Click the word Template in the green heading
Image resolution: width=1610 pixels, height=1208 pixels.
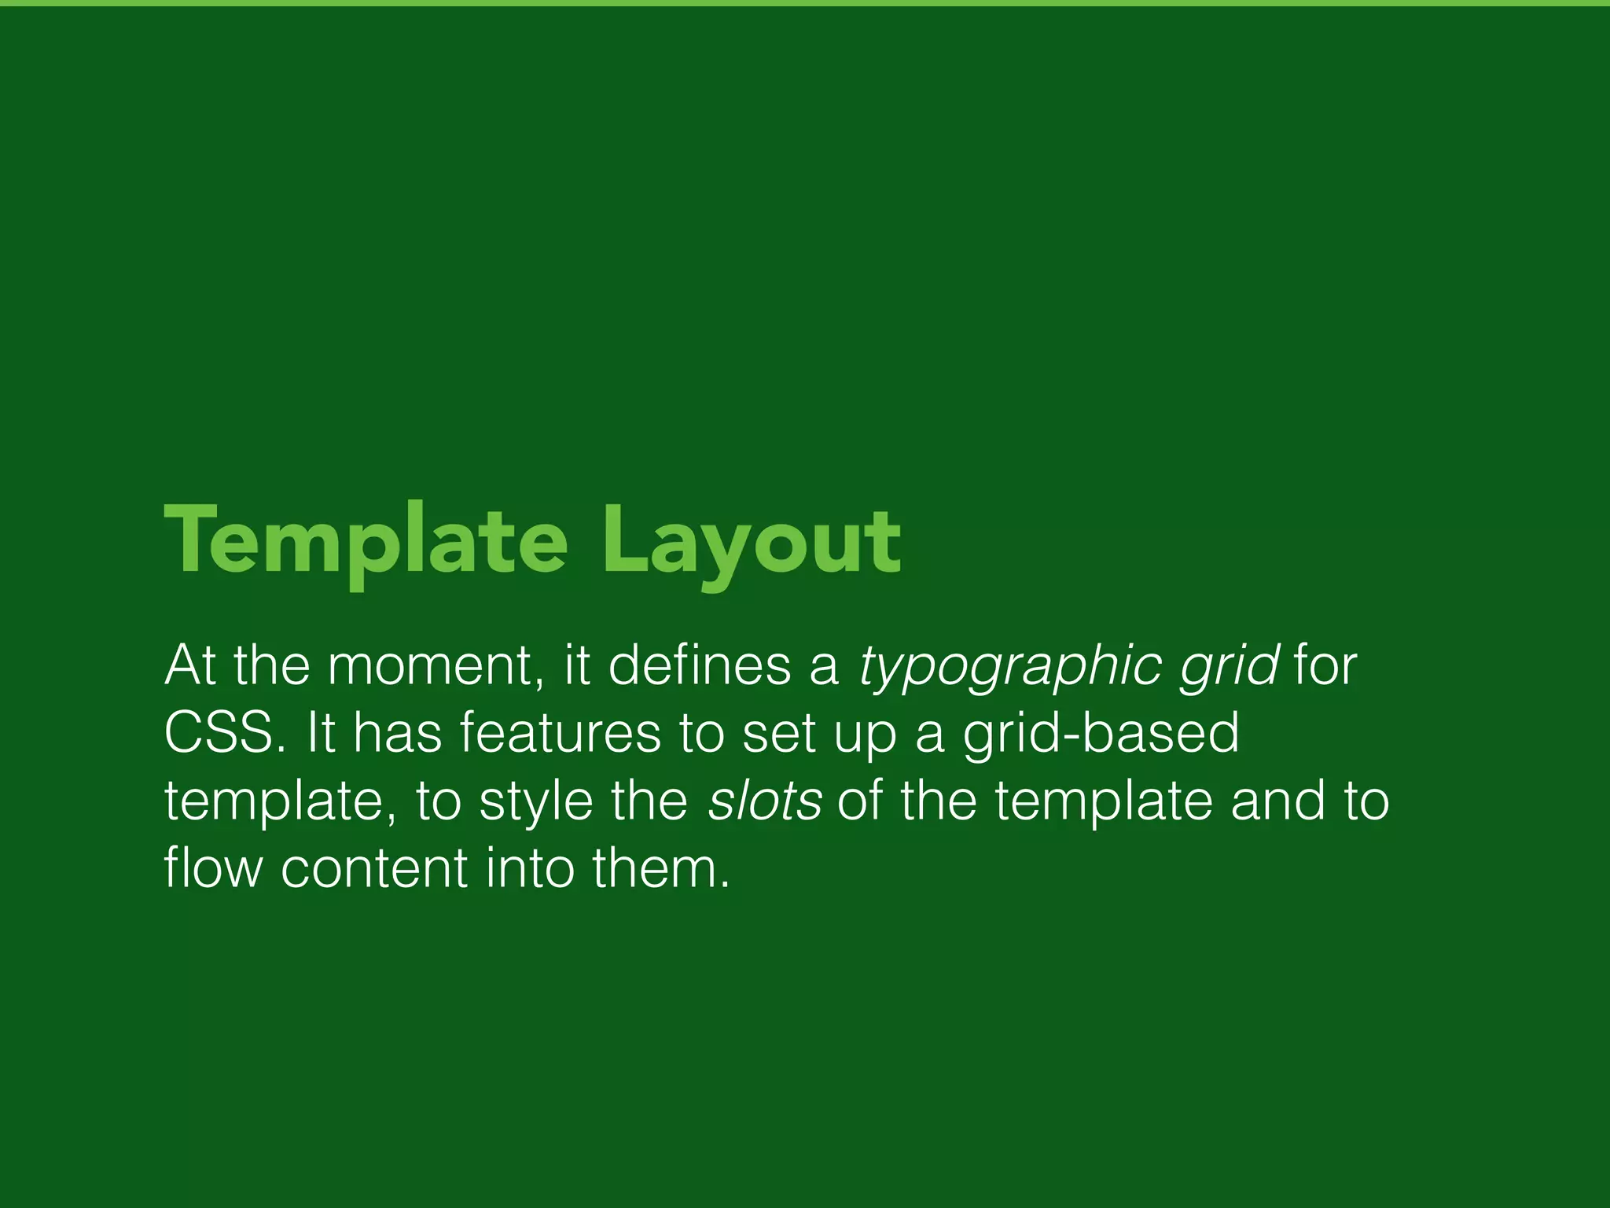click(x=366, y=541)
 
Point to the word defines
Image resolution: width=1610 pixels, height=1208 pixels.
click(x=700, y=665)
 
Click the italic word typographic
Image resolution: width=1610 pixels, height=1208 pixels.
click(x=1010, y=667)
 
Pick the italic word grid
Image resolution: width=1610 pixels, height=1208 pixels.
click(x=1230, y=667)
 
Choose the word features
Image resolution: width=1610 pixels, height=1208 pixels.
click(x=560, y=733)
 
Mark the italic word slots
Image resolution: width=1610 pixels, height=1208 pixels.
click(x=765, y=801)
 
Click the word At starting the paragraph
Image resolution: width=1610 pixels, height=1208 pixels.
click(x=190, y=665)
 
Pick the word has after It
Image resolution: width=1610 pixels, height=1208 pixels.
click(x=398, y=733)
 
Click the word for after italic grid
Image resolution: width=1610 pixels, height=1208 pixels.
click(x=1325, y=665)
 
